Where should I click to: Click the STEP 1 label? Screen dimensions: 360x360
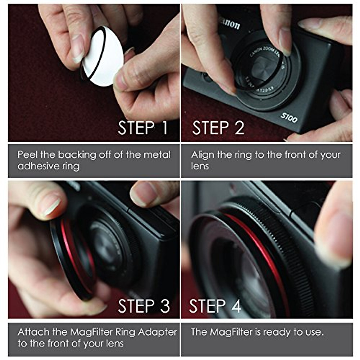[x=142, y=128]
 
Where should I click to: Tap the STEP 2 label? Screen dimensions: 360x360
[x=218, y=128]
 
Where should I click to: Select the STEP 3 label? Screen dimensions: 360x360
[x=144, y=306]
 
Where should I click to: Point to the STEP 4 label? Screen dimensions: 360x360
[x=215, y=306]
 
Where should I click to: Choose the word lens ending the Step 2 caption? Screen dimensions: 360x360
[x=199, y=166]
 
